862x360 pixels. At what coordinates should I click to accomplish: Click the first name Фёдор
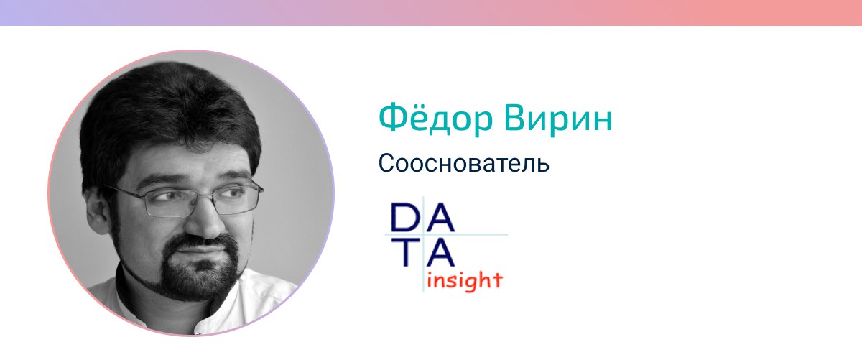pos(435,118)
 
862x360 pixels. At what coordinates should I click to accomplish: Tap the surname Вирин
pos(558,119)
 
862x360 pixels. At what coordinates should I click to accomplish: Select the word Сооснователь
pos(464,163)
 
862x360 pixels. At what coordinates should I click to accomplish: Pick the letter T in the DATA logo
pos(406,252)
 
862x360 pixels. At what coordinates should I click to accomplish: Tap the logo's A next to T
pos(440,252)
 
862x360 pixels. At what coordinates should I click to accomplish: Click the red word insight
pos(465,281)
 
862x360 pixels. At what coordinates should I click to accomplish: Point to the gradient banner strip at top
pos(431,13)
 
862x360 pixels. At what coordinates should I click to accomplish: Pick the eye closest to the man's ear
pos(167,196)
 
